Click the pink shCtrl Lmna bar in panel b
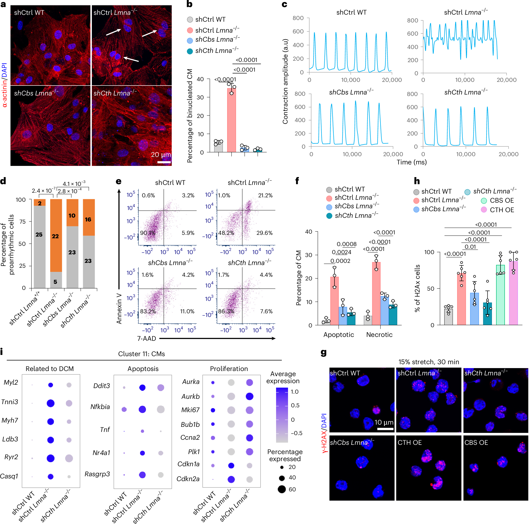[x=231, y=120]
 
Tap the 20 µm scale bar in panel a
[x=164, y=162]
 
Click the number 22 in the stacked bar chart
[x=55, y=236]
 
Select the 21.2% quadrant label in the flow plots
[x=265, y=195]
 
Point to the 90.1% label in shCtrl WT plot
[x=148, y=233]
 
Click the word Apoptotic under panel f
[x=338, y=334]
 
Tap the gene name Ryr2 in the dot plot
[x=11, y=457]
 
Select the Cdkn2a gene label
[x=188, y=479]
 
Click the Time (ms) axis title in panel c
[x=412, y=162]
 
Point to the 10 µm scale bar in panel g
[x=385, y=429]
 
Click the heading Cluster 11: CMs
[x=141, y=354]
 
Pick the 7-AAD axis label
[x=146, y=338]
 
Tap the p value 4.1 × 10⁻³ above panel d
[x=74, y=184]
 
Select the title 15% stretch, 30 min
[x=429, y=362]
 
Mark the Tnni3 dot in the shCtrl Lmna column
[x=50, y=403]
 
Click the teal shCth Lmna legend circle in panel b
[x=190, y=51]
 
